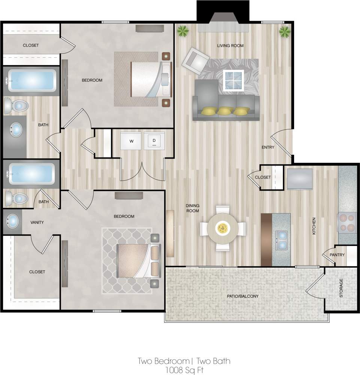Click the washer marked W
coord(131,141)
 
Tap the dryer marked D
coord(154,141)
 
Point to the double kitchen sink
coord(281,240)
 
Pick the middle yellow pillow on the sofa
coord(225,111)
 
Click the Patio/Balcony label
coord(243,296)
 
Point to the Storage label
coord(341,288)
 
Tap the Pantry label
coord(337,255)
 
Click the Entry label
coord(268,147)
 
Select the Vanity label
coord(37,222)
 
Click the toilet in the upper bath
coord(16,106)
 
